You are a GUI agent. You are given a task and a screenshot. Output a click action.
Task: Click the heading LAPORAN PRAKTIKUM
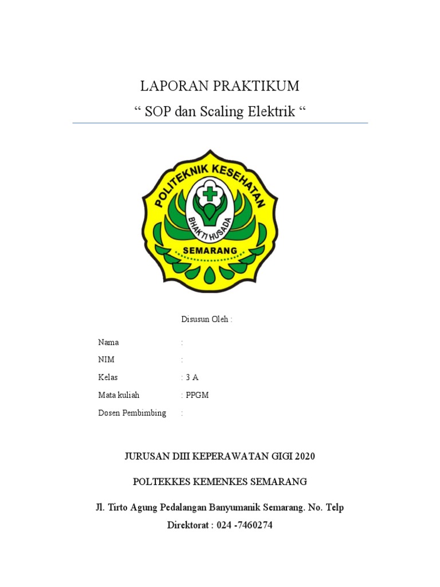pos(220,87)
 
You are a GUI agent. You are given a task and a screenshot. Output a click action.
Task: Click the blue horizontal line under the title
pos(220,123)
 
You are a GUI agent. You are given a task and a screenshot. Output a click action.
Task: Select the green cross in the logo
pos(210,193)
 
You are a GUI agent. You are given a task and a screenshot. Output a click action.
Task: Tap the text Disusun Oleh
pos(207,319)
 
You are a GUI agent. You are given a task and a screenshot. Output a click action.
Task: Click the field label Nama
pos(109,342)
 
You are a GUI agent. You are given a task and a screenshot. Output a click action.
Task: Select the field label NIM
pos(107,359)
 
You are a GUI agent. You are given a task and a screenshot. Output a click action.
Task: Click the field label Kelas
pos(108,377)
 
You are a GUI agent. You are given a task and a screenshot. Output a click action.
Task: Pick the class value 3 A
pos(192,377)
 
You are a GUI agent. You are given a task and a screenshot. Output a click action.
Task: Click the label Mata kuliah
pos(119,395)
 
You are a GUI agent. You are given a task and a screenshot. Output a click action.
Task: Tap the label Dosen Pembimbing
pos(132,413)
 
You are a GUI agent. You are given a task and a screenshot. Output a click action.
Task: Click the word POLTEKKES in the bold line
pos(157,481)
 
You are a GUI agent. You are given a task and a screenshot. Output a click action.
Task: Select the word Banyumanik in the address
pos(230,507)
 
